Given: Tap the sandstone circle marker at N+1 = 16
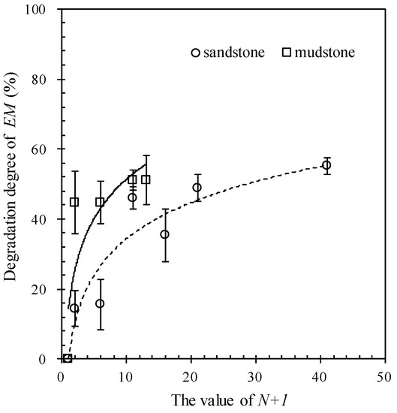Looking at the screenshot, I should tap(164, 234).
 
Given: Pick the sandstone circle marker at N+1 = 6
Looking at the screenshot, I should tap(100, 303).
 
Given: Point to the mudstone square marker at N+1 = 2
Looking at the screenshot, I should tap(74, 202).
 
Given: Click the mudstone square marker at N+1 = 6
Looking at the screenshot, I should tap(100, 202).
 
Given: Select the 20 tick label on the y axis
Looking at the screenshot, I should tap(46, 289).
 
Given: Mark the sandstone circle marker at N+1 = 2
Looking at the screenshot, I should tap(74, 308).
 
